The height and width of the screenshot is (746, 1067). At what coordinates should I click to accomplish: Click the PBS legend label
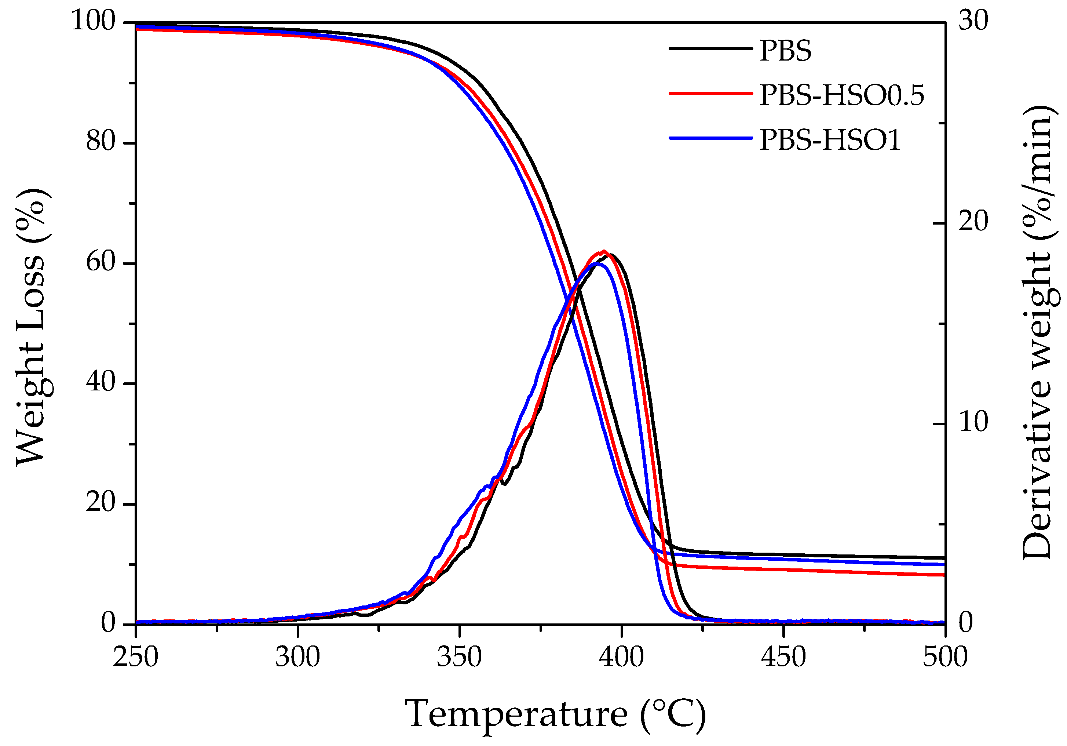tap(785, 51)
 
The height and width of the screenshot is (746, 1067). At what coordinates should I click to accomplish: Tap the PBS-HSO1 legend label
tap(830, 140)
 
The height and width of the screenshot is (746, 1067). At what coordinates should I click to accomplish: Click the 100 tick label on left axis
tap(93, 21)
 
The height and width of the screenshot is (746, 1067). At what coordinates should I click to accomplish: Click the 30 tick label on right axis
tap(973, 21)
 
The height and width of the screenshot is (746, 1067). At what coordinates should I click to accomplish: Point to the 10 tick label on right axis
tap(973, 422)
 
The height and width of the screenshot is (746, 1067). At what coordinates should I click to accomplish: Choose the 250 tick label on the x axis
tap(136, 657)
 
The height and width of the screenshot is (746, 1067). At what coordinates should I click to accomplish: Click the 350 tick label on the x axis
tap(459, 657)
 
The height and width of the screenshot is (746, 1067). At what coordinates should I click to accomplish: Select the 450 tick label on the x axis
tap(783, 657)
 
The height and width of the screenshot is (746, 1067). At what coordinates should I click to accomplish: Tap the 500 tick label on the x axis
tap(945, 657)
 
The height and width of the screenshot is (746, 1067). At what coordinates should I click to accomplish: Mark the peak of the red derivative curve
tap(604, 251)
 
